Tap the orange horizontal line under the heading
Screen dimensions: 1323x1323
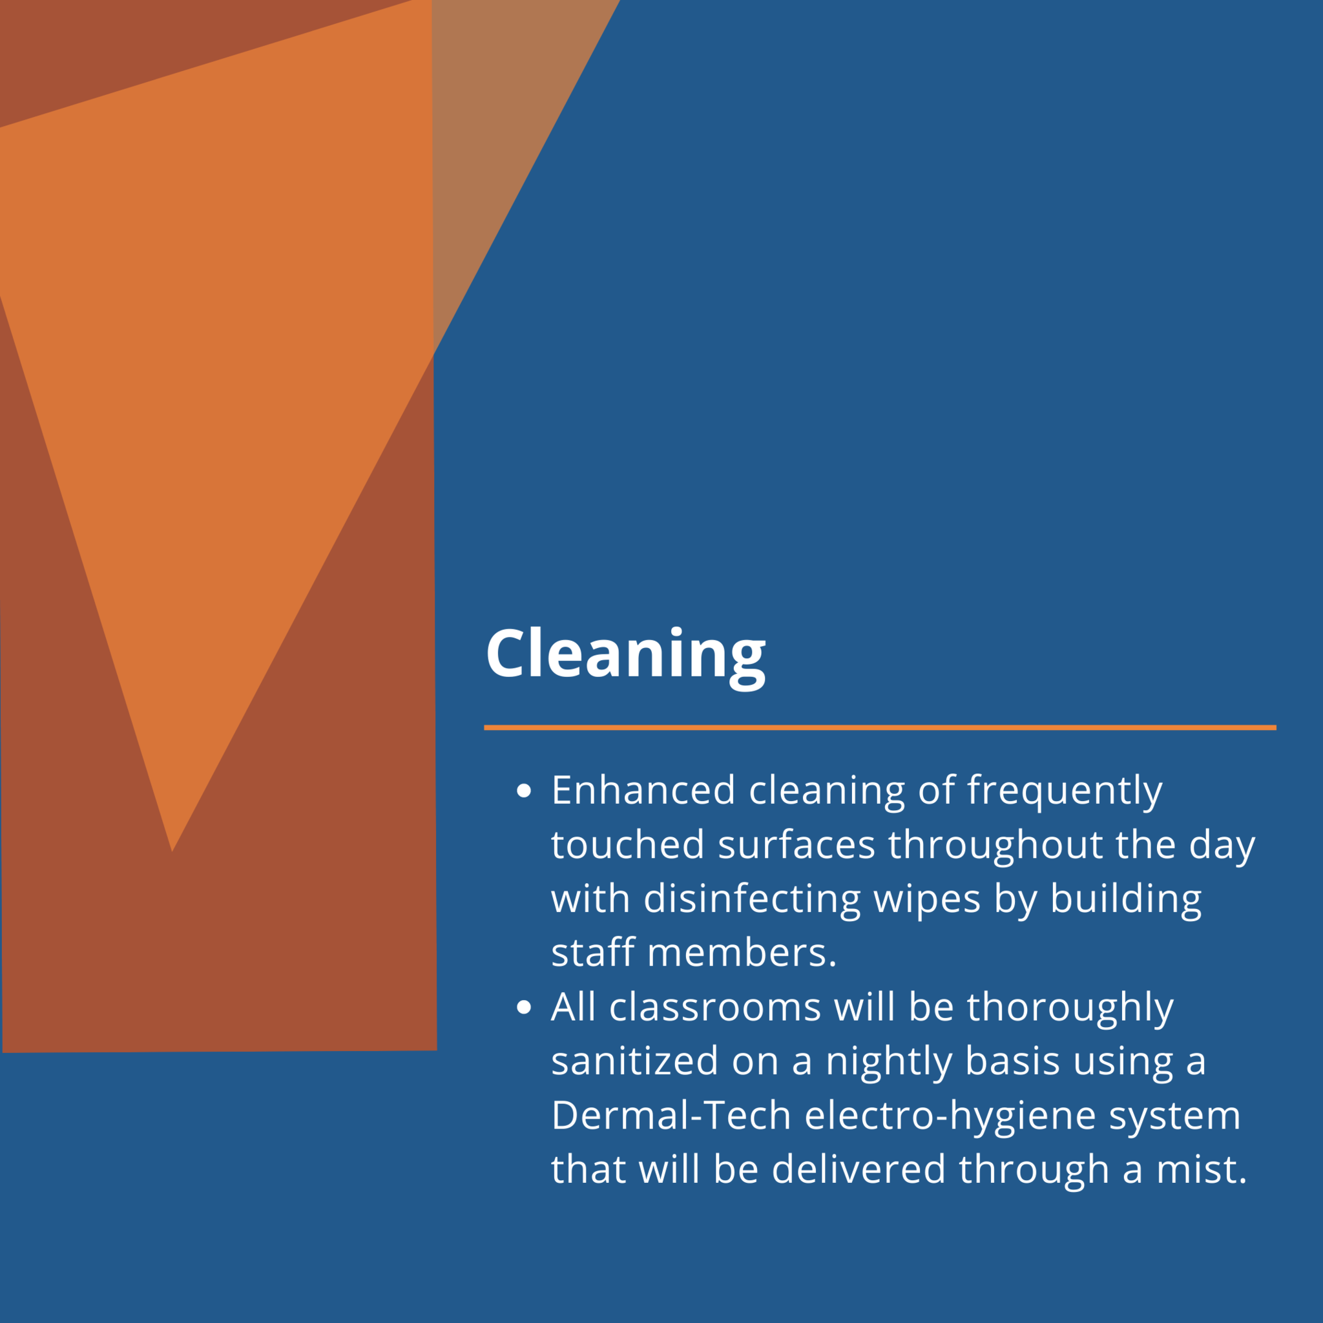(880, 727)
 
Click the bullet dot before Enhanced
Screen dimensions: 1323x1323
(524, 791)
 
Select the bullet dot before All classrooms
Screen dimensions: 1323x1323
(524, 1007)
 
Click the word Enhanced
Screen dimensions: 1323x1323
(643, 790)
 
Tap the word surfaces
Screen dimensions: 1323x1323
(797, 845)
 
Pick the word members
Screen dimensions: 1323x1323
(742, 953)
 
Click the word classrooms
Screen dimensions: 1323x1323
(715, 1007)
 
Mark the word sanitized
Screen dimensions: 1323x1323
(635, 1061)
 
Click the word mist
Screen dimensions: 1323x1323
(1202, 1170)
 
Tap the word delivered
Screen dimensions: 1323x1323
(859, 1170)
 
